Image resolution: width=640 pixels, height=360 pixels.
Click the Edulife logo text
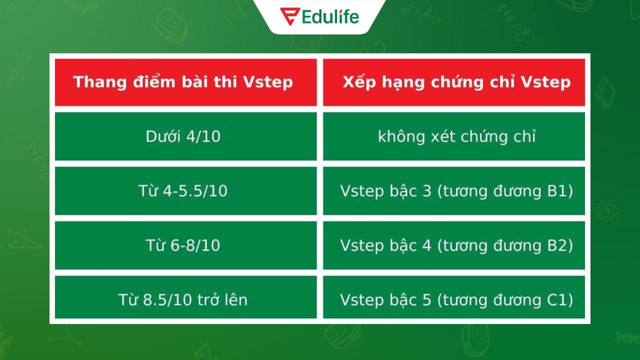coord(330,17)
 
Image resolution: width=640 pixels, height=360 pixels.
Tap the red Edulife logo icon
coord(290,16)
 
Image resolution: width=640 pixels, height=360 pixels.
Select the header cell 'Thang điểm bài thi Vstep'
coord(185,82)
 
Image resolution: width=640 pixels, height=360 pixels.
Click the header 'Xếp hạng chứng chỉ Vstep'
coord(454,82)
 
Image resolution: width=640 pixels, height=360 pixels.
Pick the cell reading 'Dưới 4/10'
coord(185,136)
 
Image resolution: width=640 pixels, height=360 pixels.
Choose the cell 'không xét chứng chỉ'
coord(454,136)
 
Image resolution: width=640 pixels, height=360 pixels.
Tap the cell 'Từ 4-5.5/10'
coord(185,191)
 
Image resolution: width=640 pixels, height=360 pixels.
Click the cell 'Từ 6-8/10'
coord(185,245)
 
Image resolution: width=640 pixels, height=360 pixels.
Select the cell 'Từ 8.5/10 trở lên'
coord(185,299)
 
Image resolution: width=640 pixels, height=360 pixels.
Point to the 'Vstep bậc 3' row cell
coord(454,191)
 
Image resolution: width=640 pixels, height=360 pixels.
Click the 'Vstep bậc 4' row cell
coord(454,245)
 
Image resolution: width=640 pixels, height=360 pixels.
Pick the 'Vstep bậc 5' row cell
coord(454,299)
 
